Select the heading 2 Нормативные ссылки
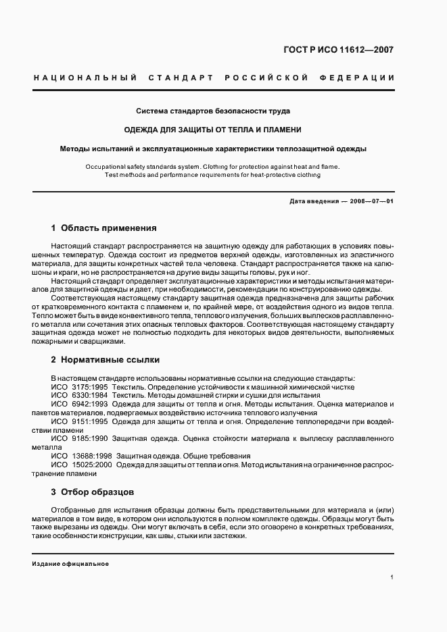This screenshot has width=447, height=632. tap(105, 359)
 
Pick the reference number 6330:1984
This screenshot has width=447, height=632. tap(88, 394)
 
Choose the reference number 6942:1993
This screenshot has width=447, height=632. tap(88, 403)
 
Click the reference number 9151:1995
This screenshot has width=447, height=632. tap(88, 421)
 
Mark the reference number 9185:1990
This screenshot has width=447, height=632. tap(88, 438)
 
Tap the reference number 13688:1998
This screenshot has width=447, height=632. tap(91, 456)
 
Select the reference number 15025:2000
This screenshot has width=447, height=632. tap(91, 465)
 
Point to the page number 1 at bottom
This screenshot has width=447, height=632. tap(392, 577)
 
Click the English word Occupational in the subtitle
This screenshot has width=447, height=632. tap(105, 166)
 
